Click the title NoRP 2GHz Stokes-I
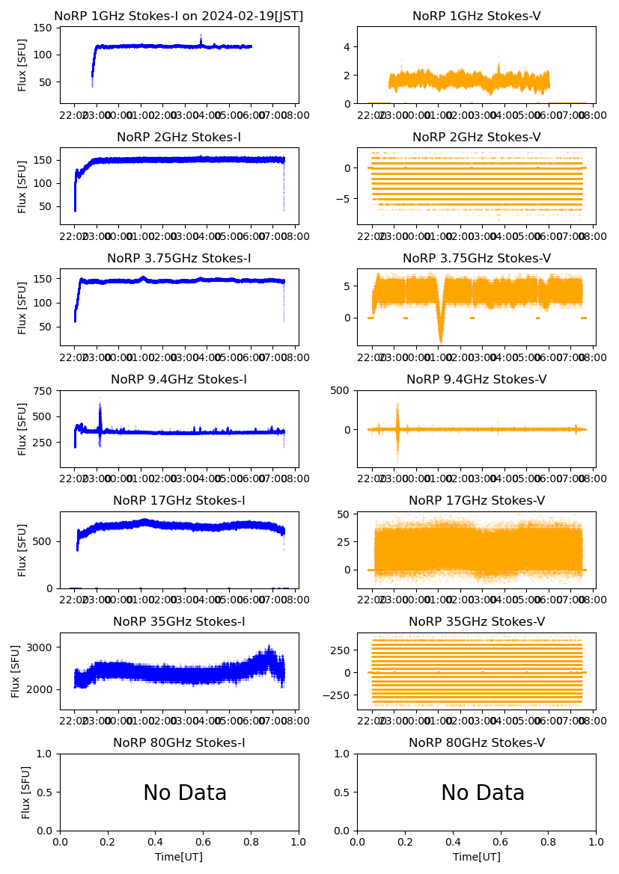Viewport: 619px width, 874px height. click(x=179, y=138)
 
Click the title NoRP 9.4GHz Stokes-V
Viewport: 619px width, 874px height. click(x=477, y=380)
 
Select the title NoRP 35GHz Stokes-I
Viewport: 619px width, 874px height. click(x=179, y=622)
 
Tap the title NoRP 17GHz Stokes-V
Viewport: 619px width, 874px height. click(x=477, y=501)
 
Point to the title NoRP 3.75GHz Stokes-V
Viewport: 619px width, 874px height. click(x=477, y=259)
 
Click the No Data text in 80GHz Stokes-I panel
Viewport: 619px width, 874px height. click(x=185, y=793)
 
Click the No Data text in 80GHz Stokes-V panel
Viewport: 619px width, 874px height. click(x=483, y=793)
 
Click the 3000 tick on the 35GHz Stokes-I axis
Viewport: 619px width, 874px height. click(x=42, y=647)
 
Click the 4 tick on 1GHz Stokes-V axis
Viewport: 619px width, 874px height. click(x=348, y=46)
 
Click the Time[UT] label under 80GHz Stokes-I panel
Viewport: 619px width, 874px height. click(x=179, y=857)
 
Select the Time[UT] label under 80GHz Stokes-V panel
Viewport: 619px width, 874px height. click(x=477, y=857)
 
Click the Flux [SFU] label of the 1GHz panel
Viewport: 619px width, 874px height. click(x=22, y=65)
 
